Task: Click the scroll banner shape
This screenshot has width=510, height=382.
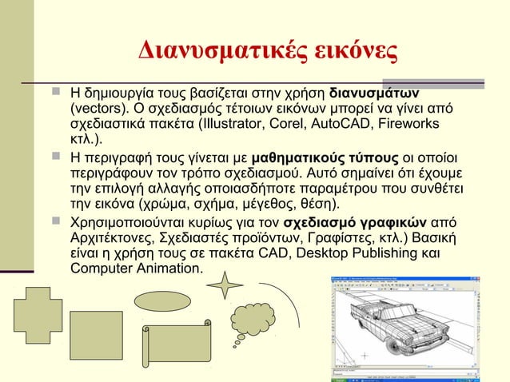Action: point(177,346)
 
